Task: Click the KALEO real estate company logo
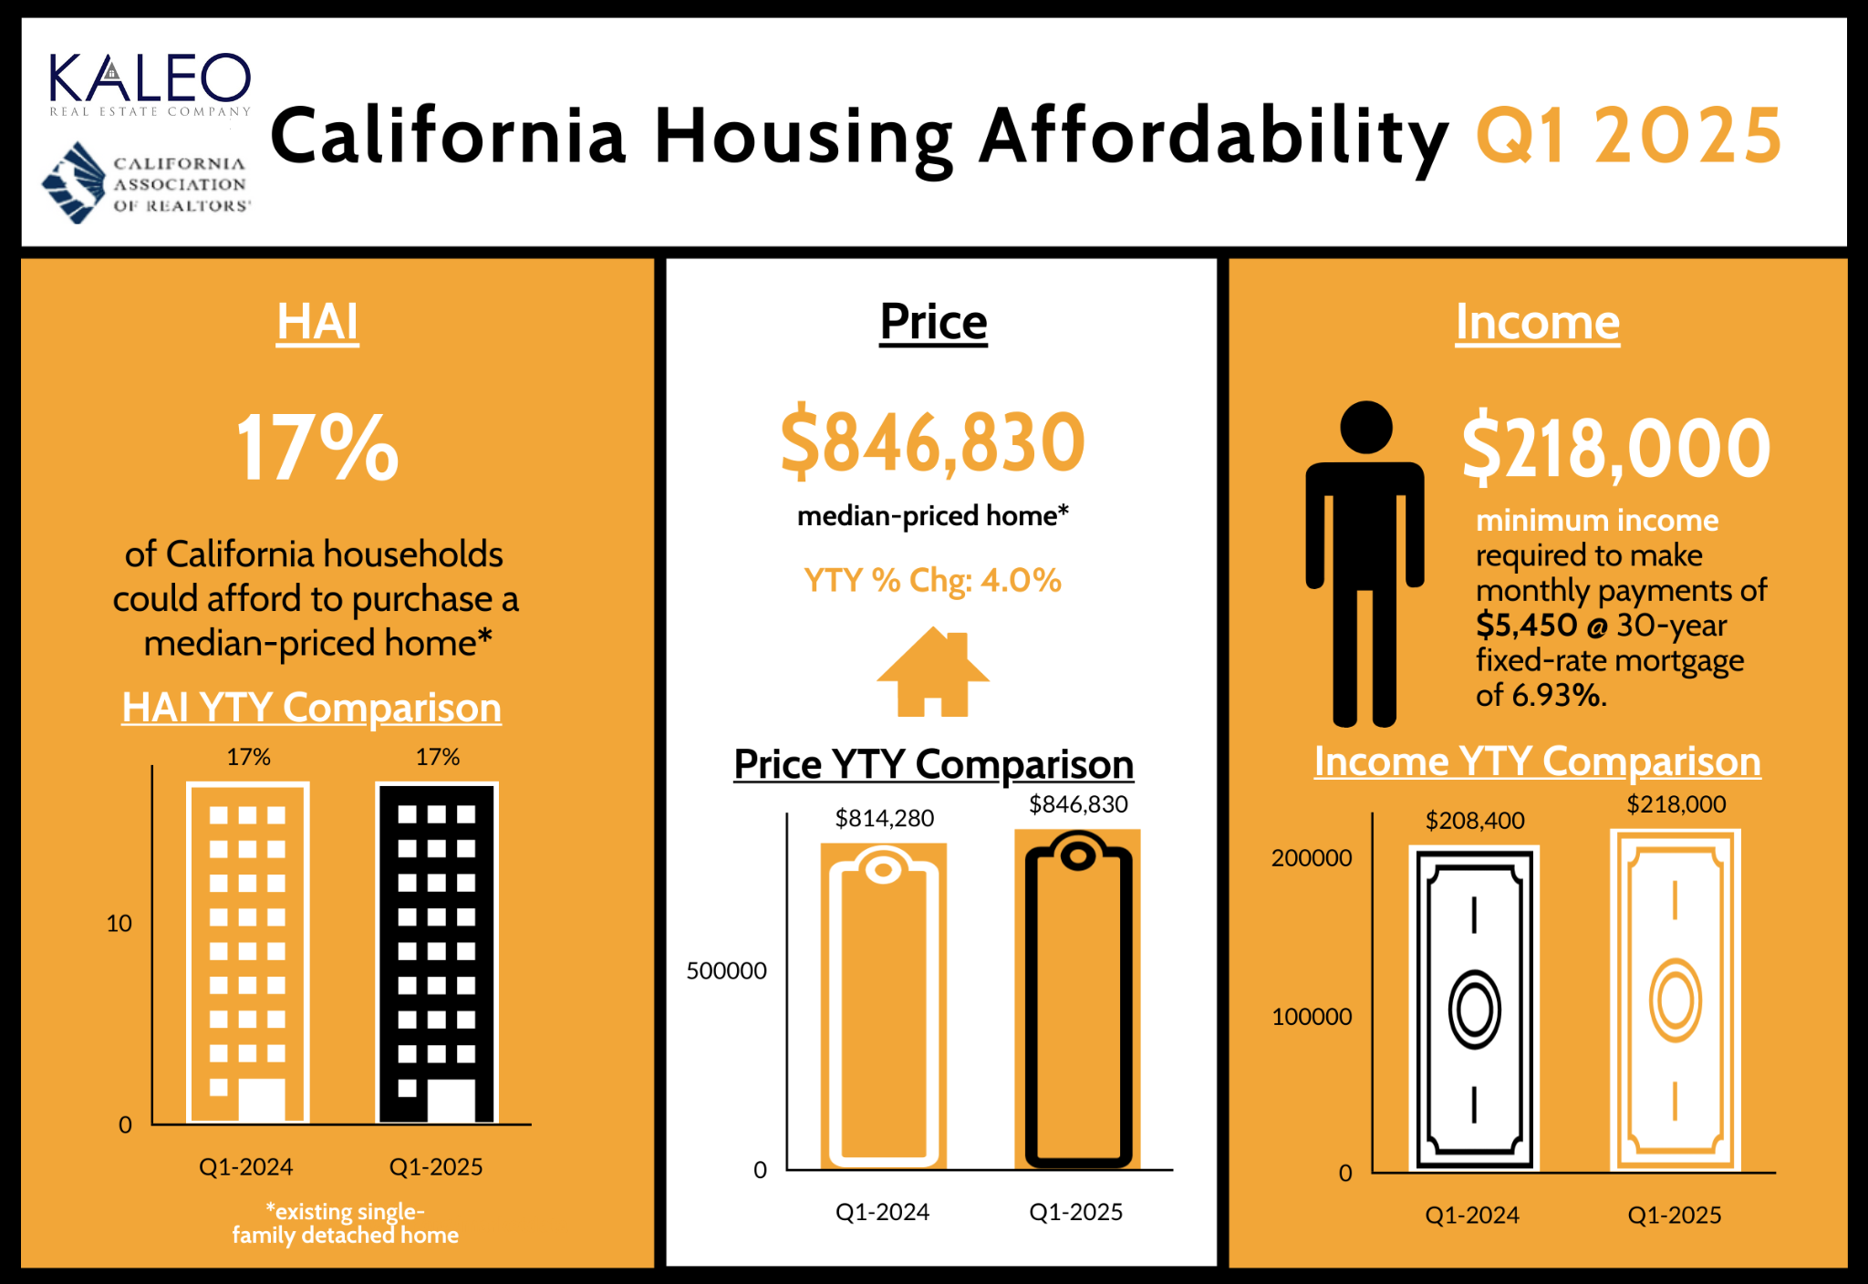(x=150, y=84)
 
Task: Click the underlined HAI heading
(x=317, y=322)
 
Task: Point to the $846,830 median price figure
(x=932, y=442)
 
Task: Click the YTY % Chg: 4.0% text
(x=932, y=580)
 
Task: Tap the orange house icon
(x=932, y=672)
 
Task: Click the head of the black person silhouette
(x=1365, y=427)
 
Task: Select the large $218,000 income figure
(x=1615, y=448)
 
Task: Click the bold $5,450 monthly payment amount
(x=1526, y=626)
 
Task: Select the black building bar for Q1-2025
(x=437, y=953)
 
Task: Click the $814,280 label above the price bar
(x=884, y=818)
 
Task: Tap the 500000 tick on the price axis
(x=726, y=971)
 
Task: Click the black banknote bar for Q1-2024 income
(x=1473, y=1008)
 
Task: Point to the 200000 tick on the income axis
(x=1311, y=858)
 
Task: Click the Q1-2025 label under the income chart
(x=1674, y=1215)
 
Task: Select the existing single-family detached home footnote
(x=345, y=1223)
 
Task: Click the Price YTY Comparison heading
(x=932, y=764)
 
